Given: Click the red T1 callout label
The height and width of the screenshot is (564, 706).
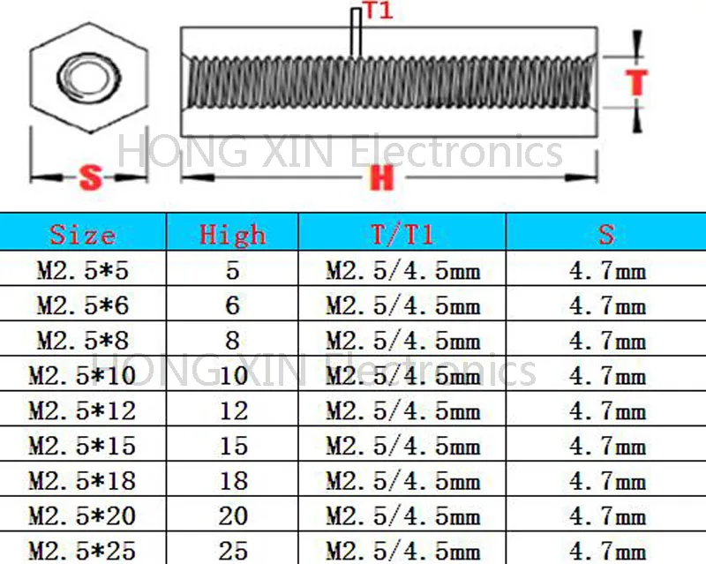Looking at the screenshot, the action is (x=379, y=10).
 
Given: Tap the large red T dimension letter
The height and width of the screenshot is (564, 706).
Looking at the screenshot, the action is (x=636, y=82).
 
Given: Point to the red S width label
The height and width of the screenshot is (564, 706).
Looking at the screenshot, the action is (x=90, y=177).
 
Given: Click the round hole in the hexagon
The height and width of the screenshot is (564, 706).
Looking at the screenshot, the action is (x=88, y=75).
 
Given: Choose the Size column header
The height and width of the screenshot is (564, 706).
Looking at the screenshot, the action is (x=82, y=234).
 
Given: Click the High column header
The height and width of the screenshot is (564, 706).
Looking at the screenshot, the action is (x=232, y=234).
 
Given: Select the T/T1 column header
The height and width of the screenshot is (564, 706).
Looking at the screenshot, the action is (x=402, y=234).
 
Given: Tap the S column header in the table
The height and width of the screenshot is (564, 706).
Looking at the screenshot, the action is (x=606, y=234).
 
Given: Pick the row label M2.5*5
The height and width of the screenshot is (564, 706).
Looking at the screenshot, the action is (x=83, y=271).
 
